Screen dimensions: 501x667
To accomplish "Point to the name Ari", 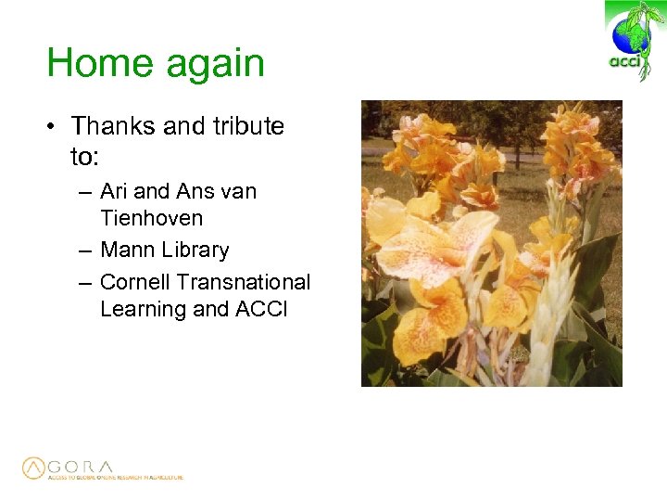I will [x=115, y=191].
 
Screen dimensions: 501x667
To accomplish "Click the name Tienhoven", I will [x=151, y=219].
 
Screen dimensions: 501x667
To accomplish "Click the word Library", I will [x=194, y=250].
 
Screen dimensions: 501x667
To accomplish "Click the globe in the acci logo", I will [x=627, y=37].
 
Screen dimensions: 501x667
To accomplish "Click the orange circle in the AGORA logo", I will [x=33, y=469].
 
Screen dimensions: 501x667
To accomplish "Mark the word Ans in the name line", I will [x=195, y=191].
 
